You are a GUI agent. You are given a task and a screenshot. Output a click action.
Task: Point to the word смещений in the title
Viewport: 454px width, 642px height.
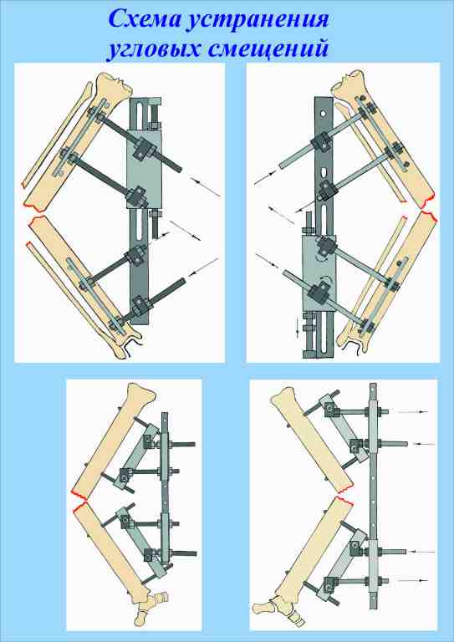click(268, 48)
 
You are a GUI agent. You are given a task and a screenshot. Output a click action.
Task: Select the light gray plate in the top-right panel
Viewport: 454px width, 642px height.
click(319, 273)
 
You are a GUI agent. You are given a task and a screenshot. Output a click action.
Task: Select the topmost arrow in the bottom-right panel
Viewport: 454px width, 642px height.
click(413, 411)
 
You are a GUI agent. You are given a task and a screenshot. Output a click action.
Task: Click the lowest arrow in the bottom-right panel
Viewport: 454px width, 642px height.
click(413, 580)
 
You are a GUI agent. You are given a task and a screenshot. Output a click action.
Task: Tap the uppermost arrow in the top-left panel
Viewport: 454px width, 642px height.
click(205, 186)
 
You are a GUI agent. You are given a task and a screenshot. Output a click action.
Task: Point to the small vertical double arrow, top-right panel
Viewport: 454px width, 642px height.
click(298, 329)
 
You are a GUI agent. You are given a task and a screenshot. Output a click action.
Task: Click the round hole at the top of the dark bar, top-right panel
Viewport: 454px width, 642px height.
click(324, 112)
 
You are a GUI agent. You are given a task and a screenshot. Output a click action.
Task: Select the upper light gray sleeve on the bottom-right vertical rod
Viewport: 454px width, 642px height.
click(373, 427)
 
